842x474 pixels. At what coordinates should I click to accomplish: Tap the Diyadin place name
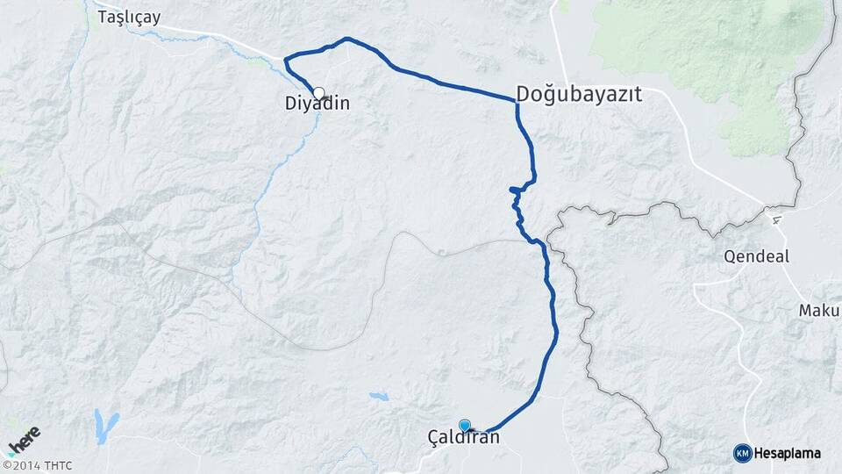(318, 104)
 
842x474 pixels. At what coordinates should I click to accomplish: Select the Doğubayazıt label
(580, 94)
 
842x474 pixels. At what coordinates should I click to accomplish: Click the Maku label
(819, 311)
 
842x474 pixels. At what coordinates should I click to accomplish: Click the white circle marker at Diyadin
(318, 92)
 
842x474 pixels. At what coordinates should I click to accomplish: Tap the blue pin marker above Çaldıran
(464, 426)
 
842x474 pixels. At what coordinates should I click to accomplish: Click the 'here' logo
(24, 440)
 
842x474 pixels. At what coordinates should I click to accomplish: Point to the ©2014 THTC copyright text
(37, 465)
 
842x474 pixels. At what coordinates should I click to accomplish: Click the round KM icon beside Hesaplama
(742, 453)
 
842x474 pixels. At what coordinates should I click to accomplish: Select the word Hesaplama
(787, 453)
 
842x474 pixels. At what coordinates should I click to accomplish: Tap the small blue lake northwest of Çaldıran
(378, 397)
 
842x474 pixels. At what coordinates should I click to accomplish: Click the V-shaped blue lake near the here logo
(106, 426)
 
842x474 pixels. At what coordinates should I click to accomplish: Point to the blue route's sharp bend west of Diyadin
(286, 60)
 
